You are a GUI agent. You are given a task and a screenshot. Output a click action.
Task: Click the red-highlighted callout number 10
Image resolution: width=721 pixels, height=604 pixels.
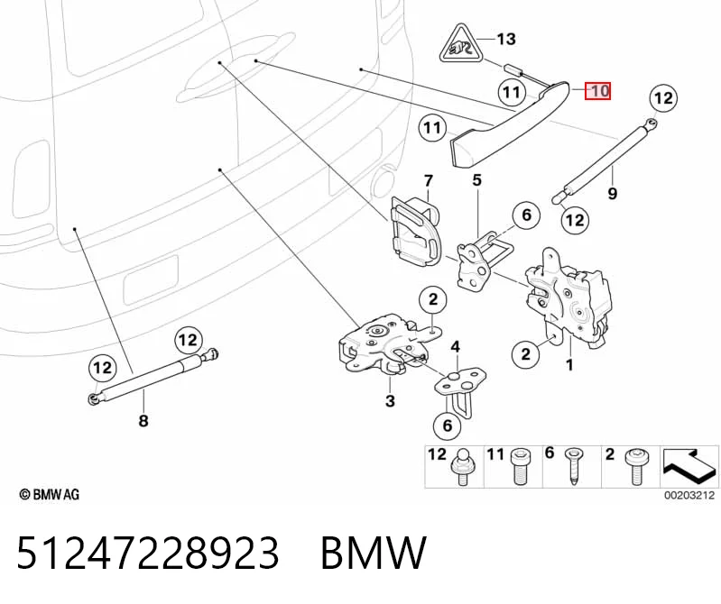pos(597,90)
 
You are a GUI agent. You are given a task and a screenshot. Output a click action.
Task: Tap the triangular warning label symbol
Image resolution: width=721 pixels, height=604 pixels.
pos(460,44)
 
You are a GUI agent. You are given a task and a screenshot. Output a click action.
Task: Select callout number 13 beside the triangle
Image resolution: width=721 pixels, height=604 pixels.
pos(506,39)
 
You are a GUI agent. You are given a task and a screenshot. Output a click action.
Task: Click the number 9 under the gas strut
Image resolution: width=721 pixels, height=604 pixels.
pos(612,193)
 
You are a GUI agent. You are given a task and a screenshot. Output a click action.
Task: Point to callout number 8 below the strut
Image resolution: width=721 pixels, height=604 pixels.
pos(143,420)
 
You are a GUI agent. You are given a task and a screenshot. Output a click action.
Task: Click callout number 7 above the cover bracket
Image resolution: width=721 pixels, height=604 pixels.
pos(428,181)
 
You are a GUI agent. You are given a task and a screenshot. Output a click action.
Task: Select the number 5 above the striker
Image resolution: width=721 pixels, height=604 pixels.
pos(476,179)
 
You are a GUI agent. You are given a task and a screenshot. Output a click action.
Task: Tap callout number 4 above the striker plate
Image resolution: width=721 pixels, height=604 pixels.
pos(455,347)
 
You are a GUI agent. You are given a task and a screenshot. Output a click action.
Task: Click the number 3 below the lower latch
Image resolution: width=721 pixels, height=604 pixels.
pos(390,400)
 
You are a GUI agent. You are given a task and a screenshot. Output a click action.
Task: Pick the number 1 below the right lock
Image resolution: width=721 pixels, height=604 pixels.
pos(569,365)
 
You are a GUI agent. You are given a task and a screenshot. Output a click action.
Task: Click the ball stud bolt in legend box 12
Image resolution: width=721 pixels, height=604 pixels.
pos(463,467)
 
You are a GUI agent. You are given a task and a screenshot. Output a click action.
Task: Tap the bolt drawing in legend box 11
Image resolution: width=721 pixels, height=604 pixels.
pos(519,467)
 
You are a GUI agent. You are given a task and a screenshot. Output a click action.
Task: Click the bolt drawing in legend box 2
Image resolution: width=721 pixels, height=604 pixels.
pos(634,467)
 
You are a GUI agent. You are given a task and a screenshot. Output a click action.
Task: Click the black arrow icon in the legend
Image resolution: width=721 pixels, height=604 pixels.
pos(689,466)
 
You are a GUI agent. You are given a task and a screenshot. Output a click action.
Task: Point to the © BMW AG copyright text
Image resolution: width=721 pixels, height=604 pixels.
pos(50,494)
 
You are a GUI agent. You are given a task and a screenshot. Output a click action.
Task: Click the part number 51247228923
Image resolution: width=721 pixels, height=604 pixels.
pos(148,552)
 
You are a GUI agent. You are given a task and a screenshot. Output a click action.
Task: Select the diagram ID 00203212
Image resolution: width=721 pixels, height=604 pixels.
pos(689,495)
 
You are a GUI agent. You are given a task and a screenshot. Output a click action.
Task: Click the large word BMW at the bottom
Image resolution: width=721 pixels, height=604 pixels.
pos(374,552)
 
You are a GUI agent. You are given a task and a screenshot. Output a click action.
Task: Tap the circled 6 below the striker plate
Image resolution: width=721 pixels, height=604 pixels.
pos(448,426)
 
